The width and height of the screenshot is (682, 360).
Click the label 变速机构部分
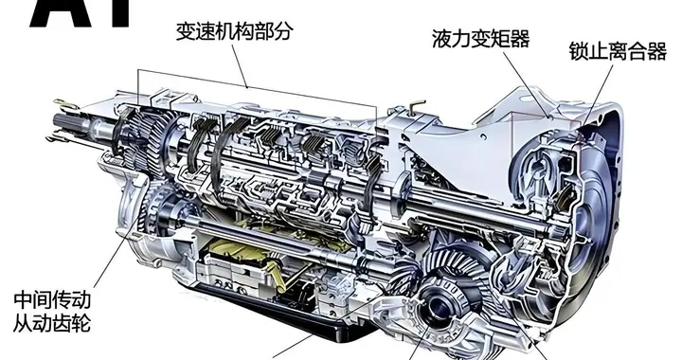[234, 31]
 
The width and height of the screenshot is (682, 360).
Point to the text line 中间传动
[52, 298]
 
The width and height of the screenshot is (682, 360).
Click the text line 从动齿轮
[52, 324]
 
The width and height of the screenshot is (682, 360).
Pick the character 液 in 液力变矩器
[440, 39]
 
